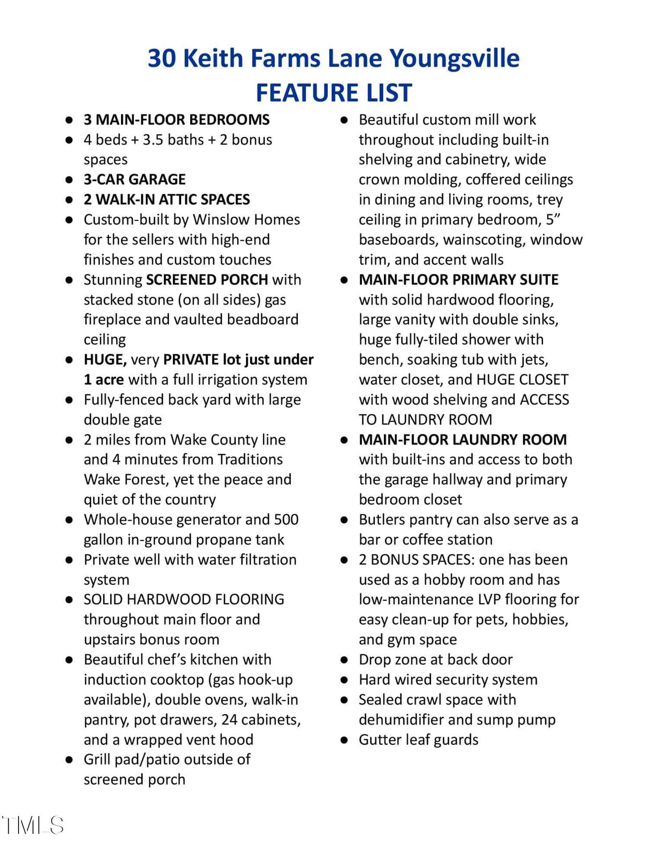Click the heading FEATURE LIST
tap(334, 93)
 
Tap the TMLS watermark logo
tap(33, 825)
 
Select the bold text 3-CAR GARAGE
tap(134, 179)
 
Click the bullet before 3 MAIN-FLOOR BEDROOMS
tap(68, 120)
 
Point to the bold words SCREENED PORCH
tap(207, 280)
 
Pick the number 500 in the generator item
tap(286, 519)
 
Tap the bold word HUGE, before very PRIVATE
tap(105, 360)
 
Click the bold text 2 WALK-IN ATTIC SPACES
tap(166, 199)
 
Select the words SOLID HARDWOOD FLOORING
tap(184, 599)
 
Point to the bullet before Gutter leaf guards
tap(344, 740)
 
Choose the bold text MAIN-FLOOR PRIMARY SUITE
tap(458, 280)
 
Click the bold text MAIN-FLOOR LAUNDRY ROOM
tap(463, 440)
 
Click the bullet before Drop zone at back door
tap(344, 660)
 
